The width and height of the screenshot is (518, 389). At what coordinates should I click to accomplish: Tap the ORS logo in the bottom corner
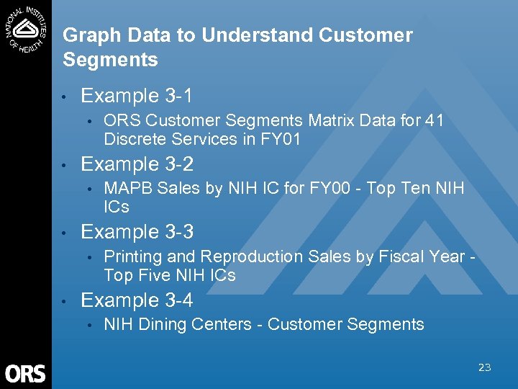[x=25, y=373]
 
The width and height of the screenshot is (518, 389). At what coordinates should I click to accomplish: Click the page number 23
[x=484, y=367]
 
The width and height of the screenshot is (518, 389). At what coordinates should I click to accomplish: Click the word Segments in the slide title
[x=110, y=60]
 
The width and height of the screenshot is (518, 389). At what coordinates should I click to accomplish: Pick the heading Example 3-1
[x=137, y=96]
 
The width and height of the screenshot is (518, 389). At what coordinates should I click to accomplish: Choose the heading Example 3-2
[x=137, y=164]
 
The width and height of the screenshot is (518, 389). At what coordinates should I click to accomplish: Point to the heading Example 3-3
[x=137, y=232]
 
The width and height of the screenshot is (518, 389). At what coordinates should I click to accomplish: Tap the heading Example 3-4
[x=137, y=300]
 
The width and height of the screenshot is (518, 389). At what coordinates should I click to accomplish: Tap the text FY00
[x=332, y=189]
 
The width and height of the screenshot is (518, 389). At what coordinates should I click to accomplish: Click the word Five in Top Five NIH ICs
[x=154, y=275]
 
